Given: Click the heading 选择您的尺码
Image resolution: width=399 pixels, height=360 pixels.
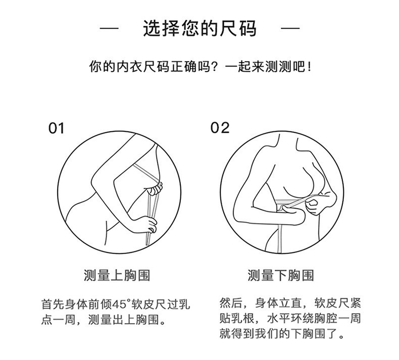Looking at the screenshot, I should pyautogui.click(x=199, y=29).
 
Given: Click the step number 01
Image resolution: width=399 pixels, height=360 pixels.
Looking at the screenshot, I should pyautogui.click(x=57, y=128).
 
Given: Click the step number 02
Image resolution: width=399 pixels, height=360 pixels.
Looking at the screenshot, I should pyautogui.click(x=220, y=128).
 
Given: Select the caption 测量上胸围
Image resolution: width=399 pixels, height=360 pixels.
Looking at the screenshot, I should pyautogui.click(x=117, y=276).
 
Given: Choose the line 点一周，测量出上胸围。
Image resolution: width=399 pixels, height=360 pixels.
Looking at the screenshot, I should pyautogui.click(x=105, y=320).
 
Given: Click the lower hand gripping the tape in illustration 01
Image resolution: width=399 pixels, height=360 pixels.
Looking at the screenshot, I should pyautogui.click(x=148, y=223).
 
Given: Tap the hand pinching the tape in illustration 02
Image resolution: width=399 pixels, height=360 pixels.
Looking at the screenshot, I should pyautogui.click(x=313, y=204).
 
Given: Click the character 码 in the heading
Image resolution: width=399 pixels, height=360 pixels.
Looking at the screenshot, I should pyautogui.click(x=247, y=29).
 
